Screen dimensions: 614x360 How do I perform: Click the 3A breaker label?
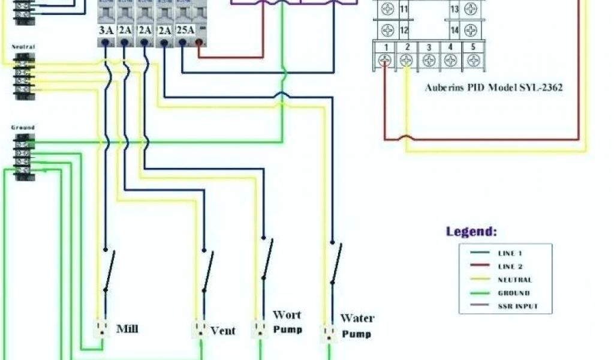(106, 29)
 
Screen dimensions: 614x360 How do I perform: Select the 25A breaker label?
(185, 29)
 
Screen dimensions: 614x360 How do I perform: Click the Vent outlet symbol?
(200, 329)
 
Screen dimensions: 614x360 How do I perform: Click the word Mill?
(128, 328)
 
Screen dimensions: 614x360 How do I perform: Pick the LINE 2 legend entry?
(514, 266)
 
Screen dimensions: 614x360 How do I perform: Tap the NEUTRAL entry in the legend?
(514, 280)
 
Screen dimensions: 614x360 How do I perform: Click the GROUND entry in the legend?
(514, 293)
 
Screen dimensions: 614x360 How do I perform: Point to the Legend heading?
(471, 232)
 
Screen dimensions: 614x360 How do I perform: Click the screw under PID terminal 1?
(386, 60)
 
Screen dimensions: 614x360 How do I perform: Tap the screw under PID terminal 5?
(473, 60)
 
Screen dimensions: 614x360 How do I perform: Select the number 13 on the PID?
(454, 9)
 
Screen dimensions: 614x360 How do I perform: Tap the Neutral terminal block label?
(23, 46)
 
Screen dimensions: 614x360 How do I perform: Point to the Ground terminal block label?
(23, 127)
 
